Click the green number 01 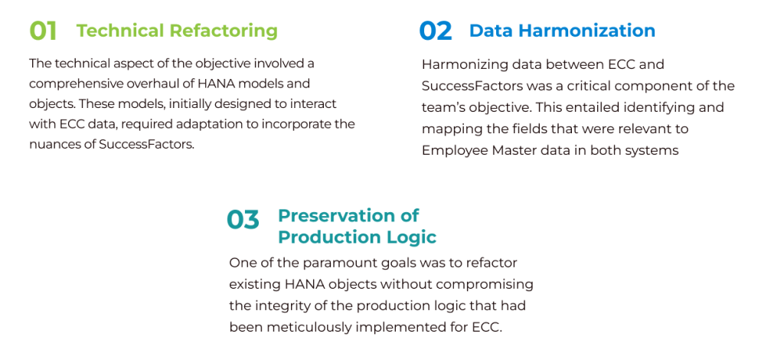(x=43, y=31)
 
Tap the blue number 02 (x=436, y=31)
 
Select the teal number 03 (x=243, y=220)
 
